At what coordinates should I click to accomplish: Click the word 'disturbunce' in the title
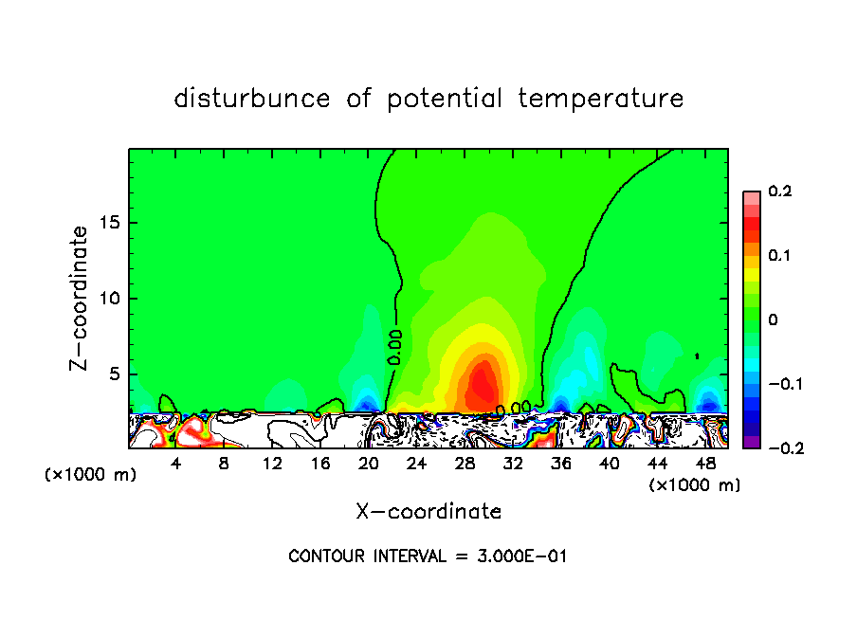coord(252,99)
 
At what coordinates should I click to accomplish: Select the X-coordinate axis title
coord(428,512)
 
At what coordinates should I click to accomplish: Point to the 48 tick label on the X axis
coord(705,464)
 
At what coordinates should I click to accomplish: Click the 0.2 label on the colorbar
coord(779,191)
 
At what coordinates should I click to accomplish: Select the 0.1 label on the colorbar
coord(779,256)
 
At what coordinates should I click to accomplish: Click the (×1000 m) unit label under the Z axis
coord(90,475)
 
